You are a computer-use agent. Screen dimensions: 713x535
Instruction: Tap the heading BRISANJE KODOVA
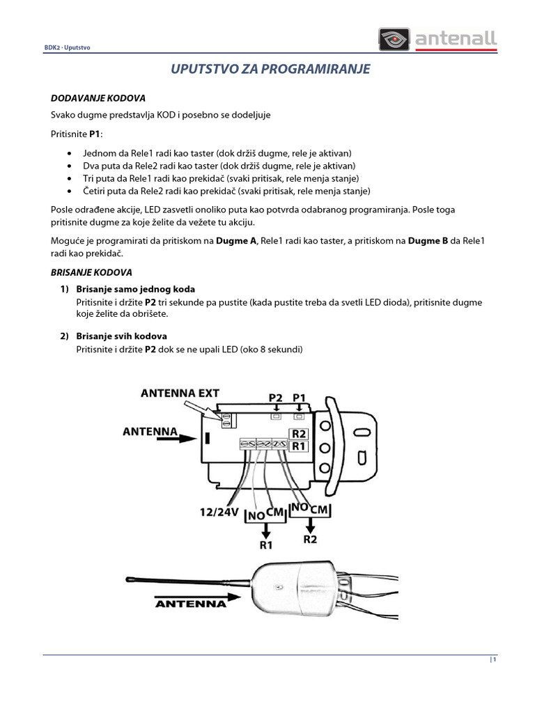91,272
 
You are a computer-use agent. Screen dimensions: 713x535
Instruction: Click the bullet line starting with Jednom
217,152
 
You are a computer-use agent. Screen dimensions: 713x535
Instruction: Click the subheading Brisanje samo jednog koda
135,288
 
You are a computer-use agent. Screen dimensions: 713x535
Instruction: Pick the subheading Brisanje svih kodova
121,336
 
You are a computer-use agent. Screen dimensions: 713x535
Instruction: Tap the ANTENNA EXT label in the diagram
180,393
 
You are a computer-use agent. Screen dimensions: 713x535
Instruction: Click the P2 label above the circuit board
276,398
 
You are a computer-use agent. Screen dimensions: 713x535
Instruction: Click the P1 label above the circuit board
300,398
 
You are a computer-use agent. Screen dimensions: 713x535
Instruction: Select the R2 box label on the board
299,433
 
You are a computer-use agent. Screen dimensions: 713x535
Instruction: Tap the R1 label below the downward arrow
266,545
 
